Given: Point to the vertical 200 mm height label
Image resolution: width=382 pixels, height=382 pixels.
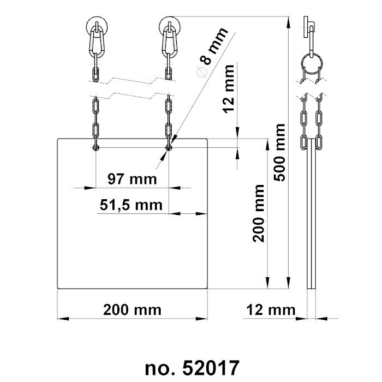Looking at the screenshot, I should [259, 213].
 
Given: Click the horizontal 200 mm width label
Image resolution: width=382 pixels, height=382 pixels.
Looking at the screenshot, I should [133, 310].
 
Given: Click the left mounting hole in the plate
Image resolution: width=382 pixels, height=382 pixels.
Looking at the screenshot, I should [97, 147].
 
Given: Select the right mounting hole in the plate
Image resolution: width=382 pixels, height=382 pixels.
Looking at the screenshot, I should [169, 147].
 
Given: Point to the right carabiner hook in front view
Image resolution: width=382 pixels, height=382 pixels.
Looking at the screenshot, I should [169, 39].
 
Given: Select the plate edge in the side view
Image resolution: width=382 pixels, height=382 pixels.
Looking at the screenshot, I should [311, 218].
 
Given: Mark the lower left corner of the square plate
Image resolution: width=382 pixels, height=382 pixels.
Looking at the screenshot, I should [58, 288].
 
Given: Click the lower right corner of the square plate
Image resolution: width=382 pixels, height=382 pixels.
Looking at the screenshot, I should [208, 288].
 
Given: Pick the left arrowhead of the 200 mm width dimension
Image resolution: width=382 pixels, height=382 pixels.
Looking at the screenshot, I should [62, 318].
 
